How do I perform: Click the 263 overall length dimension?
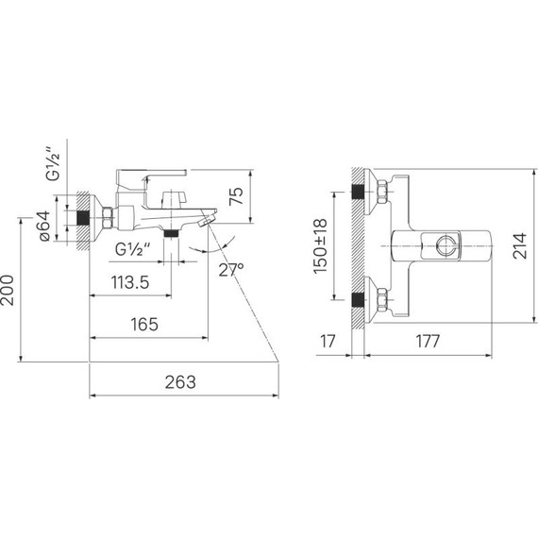(x=180, y=382)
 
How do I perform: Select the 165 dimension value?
(x=144, y=325)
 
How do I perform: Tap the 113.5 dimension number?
(x=130, y=282)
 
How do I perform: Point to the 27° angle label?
(x=231, y=270)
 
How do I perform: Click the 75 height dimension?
(x=236, y=196)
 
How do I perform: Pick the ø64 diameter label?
(x=44, y=227)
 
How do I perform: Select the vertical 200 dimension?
(x=8, y=291)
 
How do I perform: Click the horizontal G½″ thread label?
(x=133, y=249)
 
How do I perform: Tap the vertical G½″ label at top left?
(x=53, y=164)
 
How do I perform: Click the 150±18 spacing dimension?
(x=320, y=246)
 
